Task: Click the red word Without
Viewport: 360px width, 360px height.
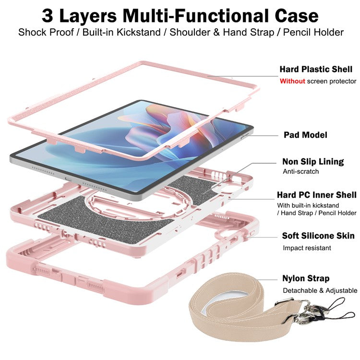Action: point(292,81)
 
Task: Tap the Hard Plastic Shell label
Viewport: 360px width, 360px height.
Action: point(316,70)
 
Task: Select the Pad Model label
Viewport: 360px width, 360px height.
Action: point(305,135)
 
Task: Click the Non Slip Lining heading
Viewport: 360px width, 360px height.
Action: point(313,161)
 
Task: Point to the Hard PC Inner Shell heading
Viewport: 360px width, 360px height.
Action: point(316,195)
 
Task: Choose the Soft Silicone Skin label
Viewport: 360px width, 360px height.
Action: point(318,236)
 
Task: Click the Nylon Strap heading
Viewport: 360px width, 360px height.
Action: point(306,278)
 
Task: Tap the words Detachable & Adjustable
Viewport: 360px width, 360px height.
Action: point(320,290)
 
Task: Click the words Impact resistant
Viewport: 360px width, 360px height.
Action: point(307,248)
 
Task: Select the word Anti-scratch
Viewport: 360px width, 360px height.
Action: point(300,171)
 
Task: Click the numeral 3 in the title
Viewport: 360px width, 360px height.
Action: point(48,15)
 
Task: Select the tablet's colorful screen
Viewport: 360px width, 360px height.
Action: point(144,139)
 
